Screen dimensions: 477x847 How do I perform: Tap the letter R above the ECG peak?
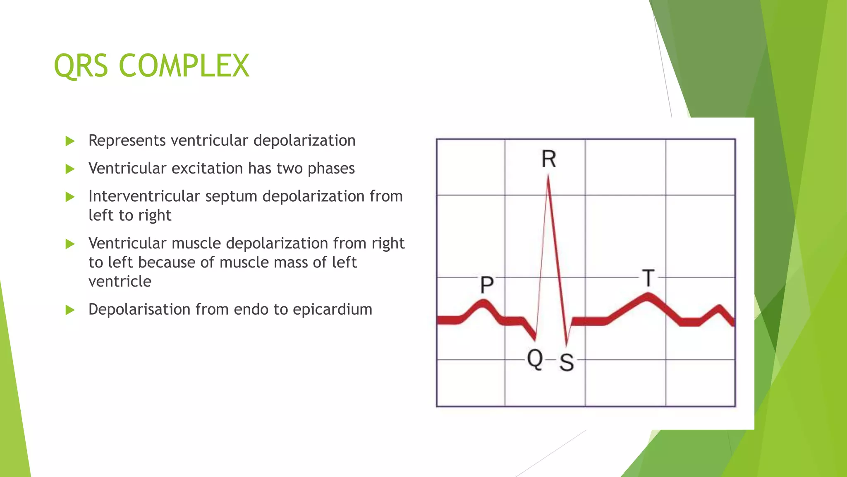549,159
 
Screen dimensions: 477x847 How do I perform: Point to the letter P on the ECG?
487,285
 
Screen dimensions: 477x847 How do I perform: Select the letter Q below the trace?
535,359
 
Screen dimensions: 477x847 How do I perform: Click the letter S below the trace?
567,363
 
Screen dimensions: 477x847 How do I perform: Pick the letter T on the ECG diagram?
648,278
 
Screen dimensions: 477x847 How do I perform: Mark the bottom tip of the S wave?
567,344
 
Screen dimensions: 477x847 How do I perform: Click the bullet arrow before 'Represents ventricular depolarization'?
70,141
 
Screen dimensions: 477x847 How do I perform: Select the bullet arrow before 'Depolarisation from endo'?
70,310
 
